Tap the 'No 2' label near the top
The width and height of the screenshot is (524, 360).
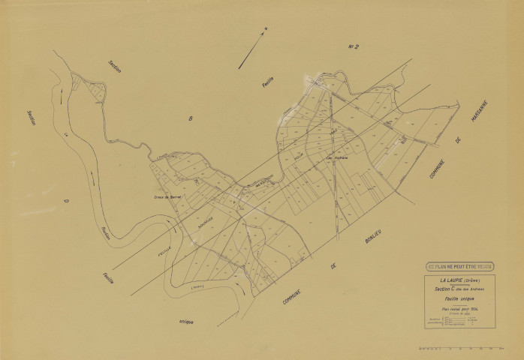[354, 47]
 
